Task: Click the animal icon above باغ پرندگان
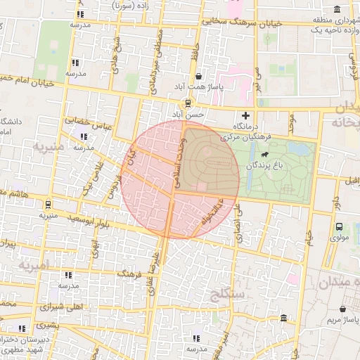[264, 154]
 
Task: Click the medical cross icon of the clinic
[245, 115]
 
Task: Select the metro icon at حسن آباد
[187, 103]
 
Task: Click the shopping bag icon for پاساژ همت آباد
[199, 77]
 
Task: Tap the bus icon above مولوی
[339, 226]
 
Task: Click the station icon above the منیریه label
[47, 205]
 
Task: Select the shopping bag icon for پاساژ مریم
[342, 309]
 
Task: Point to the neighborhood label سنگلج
[226, 295]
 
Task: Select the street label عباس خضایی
[90, 122]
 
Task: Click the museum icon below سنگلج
[283, 319]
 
